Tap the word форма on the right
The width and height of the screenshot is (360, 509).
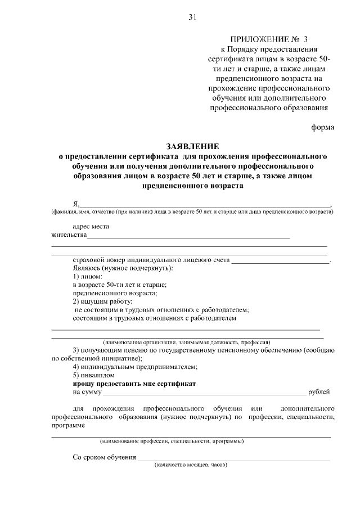(x=323, y=127)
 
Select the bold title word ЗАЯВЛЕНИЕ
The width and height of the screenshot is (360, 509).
(x=192, y=145)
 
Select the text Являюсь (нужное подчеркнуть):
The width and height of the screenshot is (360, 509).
(x=123, y=269)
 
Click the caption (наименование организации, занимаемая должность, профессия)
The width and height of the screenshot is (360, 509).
(x=186, y=342)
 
